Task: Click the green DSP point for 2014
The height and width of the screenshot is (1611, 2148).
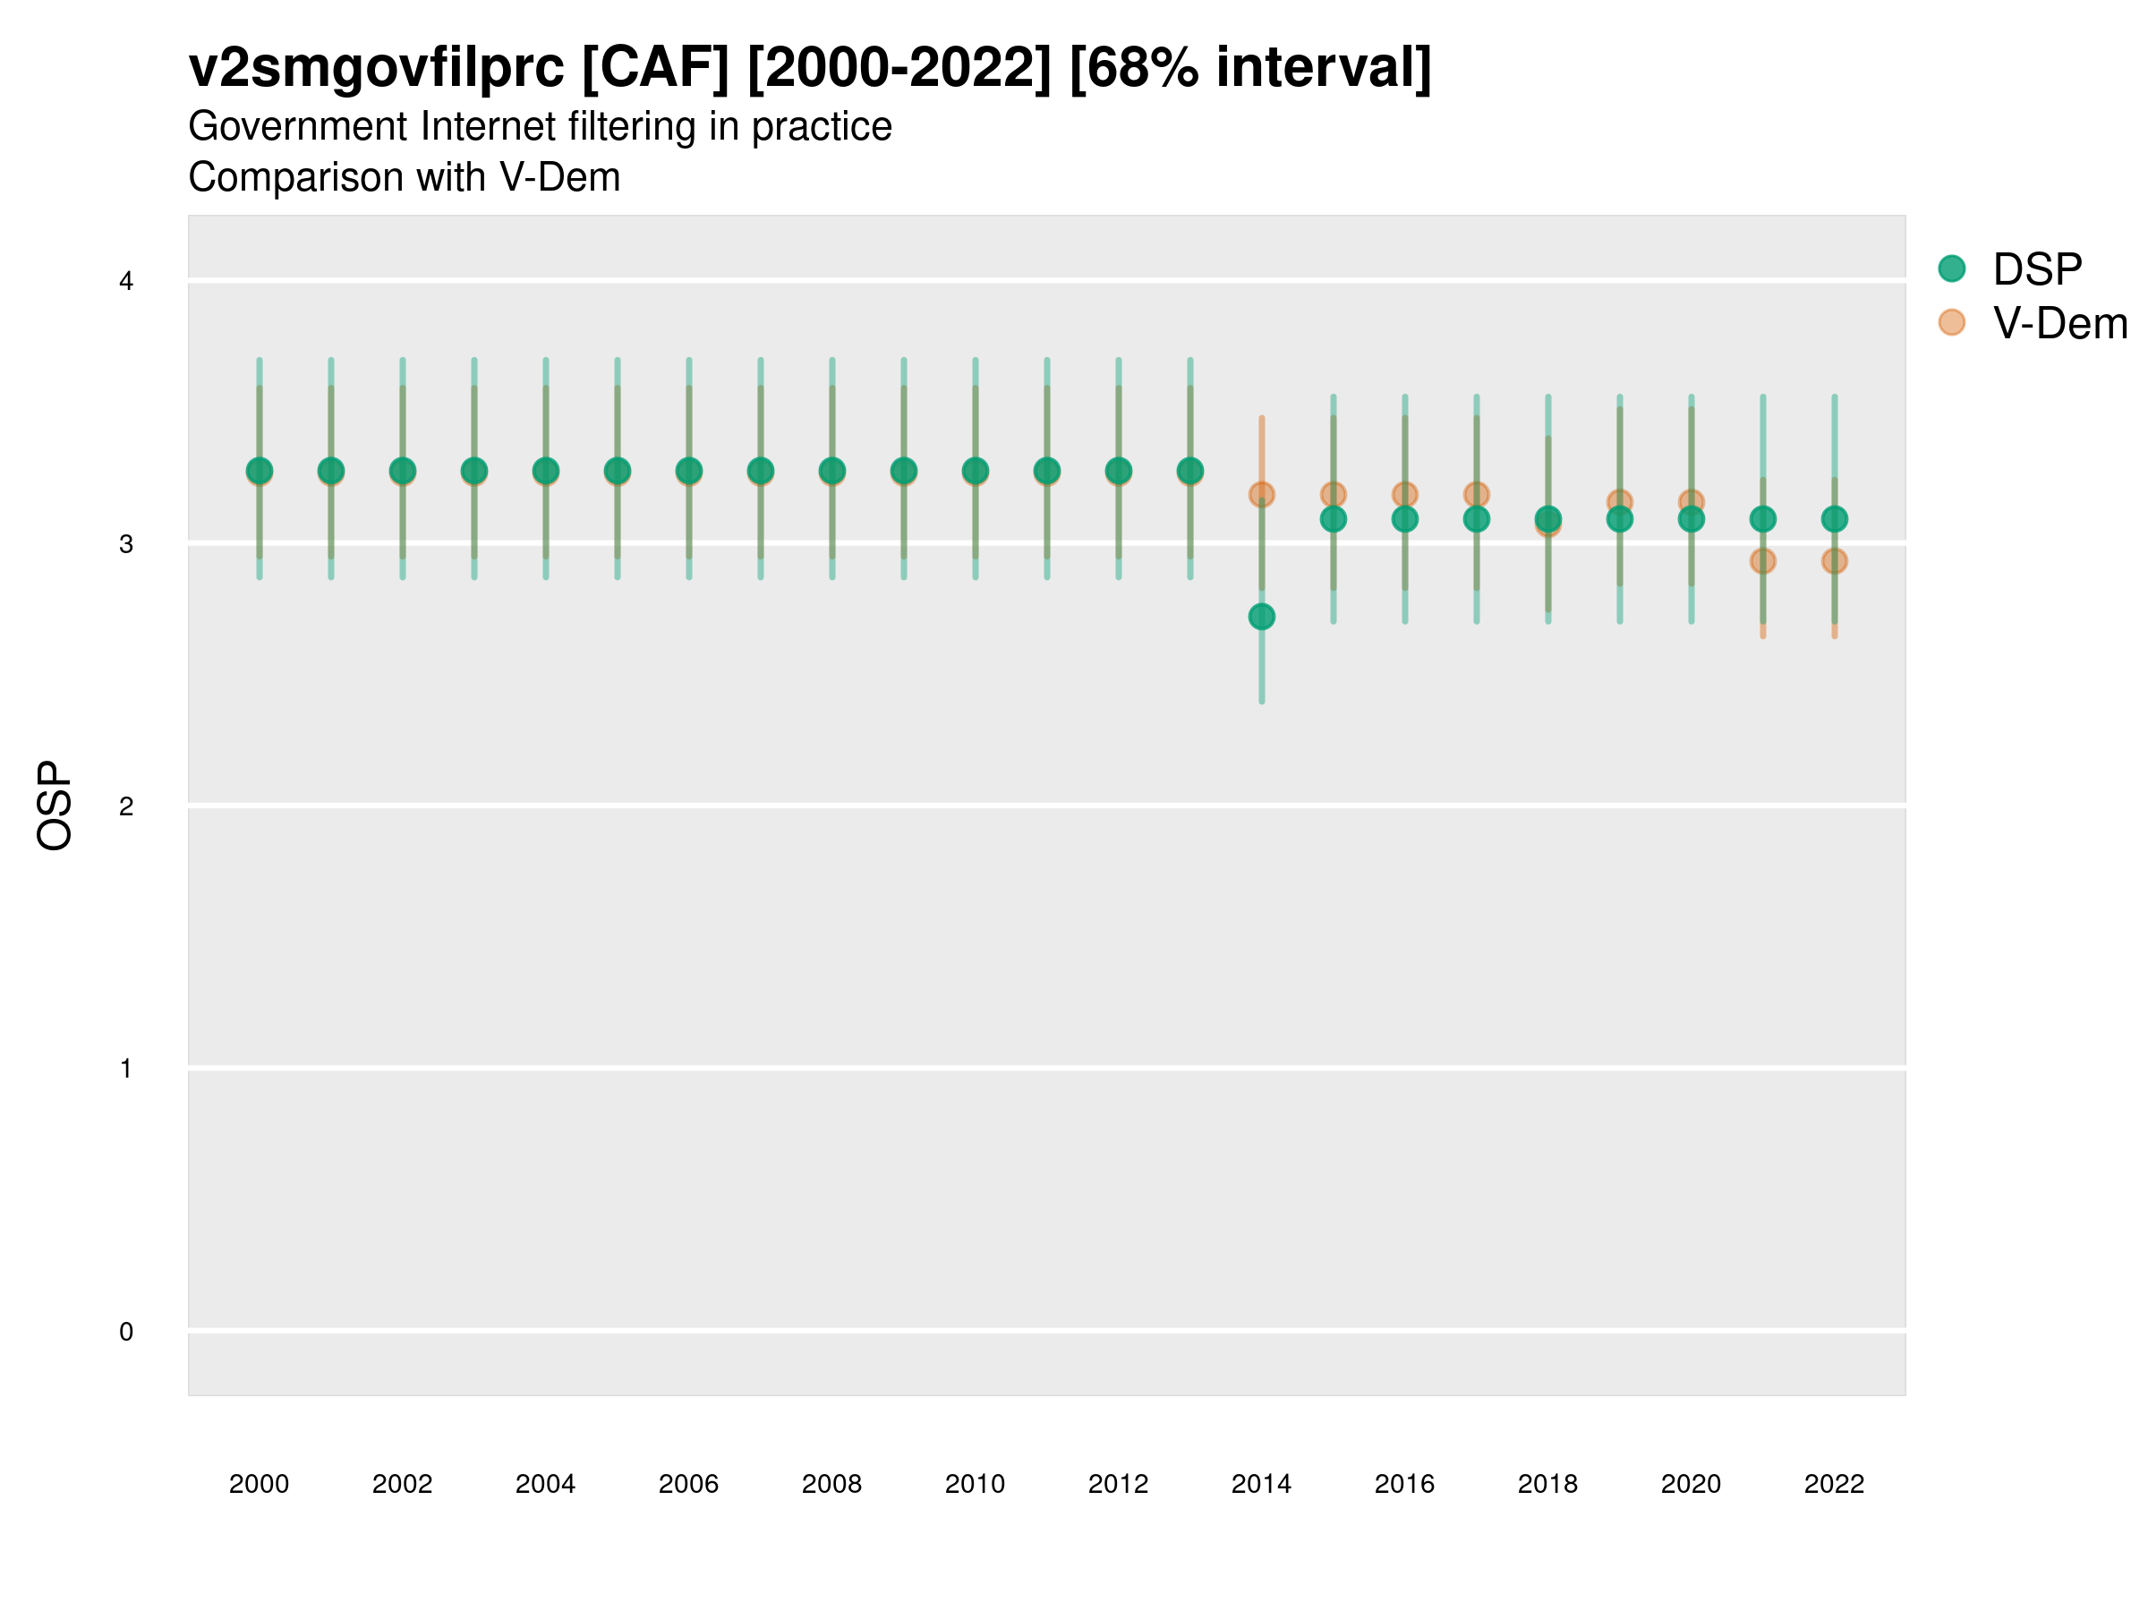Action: click(x=1261, y=617)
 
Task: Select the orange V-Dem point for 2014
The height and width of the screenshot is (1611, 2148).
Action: click(x=1261, y=494)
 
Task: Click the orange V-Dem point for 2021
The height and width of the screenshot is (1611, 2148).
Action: click(x=1762, y=561)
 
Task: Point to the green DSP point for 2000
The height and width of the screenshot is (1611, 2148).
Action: click(x=260, y=471)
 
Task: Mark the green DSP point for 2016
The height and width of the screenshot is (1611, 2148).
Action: click(x=1405, y=519)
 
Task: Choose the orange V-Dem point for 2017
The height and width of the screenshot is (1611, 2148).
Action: click(x=1476, y=493)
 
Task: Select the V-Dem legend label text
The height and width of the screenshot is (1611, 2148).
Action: click(x=2059, y=323)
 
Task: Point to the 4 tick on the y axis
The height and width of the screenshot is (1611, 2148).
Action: click(x=126, y=282)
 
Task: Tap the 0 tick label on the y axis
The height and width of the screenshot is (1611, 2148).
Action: click(x=126, y=1332)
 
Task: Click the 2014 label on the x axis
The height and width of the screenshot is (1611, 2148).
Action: click(x=1261, y=1484)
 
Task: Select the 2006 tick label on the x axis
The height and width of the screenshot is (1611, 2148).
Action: click(x=688, y=1484)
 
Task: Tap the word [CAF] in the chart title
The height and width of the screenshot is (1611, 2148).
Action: click(x=654, y=68)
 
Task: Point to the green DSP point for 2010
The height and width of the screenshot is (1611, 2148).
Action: click(x=975, y=471)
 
